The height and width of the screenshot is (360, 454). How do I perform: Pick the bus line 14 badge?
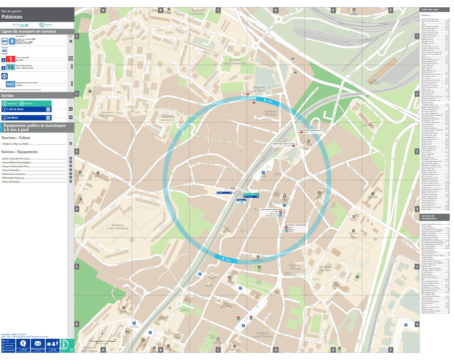10,67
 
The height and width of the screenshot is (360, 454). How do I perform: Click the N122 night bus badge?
10,84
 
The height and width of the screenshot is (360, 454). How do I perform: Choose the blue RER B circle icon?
12,41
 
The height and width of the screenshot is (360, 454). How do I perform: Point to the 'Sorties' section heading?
8,96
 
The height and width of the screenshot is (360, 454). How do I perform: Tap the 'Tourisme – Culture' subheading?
16,138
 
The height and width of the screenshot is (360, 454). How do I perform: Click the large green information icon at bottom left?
66,346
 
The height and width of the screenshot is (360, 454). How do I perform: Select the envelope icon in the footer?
38,343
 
